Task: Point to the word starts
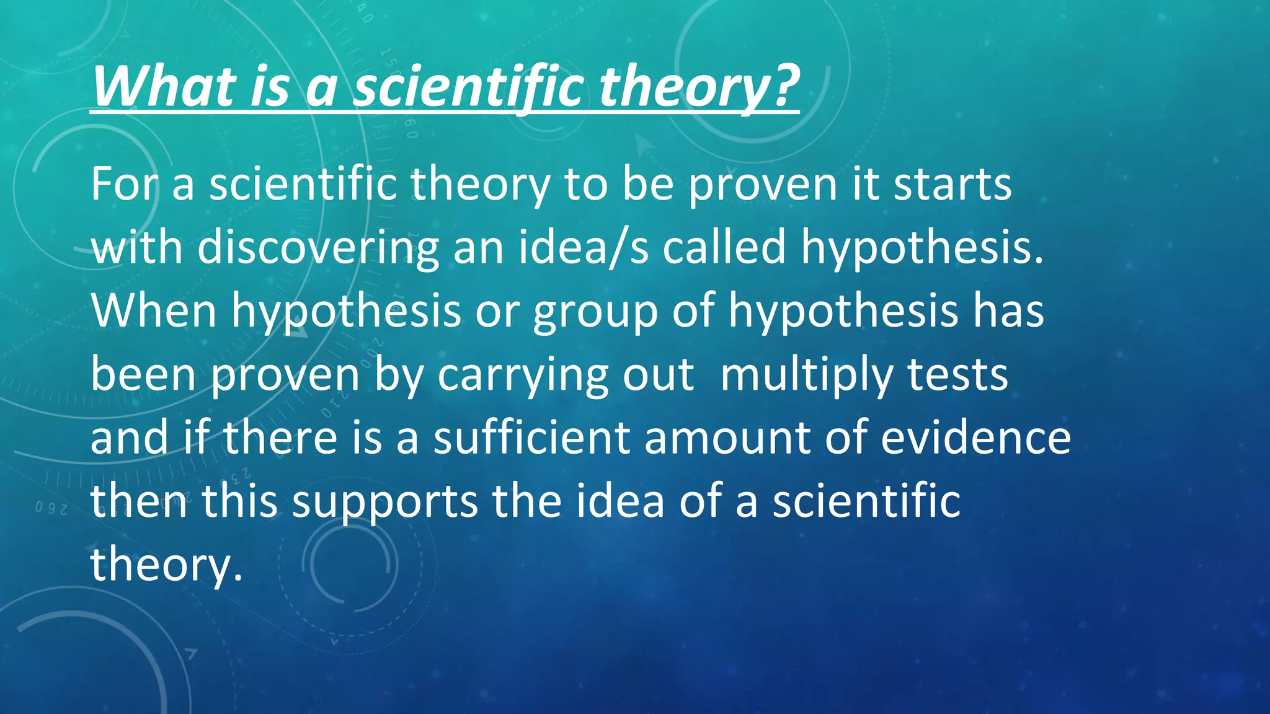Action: [x=952, y=184]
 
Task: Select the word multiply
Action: [x=806, y=376]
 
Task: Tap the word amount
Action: [x=727, y=438]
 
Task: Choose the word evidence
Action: [x=975, y=437]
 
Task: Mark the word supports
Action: [x=384, y=502]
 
